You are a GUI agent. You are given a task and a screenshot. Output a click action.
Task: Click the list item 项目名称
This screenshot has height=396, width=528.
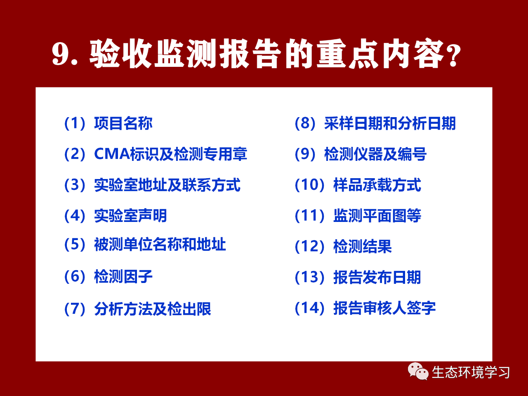[x=123, y=123]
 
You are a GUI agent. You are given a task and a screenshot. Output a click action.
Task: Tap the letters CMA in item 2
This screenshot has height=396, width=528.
[x=112, y=154]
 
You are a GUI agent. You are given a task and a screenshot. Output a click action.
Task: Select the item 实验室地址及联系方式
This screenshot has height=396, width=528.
[x=167, y=185]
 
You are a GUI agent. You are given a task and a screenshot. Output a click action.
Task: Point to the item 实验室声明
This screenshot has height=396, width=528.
[x=130, y=215]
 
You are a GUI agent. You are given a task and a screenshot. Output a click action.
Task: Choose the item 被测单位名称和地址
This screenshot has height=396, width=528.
[x=160, y=244]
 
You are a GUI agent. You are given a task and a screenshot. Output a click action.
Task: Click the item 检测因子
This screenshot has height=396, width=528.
[x=123, y=276]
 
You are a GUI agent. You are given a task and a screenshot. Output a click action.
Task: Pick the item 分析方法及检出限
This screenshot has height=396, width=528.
[x=153, y=309]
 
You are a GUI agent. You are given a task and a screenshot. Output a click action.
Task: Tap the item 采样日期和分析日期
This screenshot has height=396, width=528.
[x=390, y=123]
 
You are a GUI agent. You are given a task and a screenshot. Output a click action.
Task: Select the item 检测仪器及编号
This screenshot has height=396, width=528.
[x=375, y=154]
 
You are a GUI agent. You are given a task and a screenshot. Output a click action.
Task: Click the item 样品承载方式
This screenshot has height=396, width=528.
[x=377, y=185]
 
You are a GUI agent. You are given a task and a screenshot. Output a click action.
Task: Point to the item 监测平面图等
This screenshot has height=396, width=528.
[x=377, y=215]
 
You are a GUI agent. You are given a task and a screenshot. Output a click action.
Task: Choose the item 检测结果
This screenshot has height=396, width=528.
[x=363, y=246]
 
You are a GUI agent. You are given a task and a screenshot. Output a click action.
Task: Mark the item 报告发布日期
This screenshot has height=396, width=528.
[x=377, y=277]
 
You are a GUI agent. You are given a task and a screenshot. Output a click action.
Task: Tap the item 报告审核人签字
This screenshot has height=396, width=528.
[x=384, y=308]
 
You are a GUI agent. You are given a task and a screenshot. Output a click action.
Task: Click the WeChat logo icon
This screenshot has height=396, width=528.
[x=418, y=371]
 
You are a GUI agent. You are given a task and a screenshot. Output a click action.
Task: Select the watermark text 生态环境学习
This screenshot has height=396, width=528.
[x=471, y=372]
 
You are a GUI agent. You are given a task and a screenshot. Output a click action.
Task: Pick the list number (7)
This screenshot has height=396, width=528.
[x=75, y=309]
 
